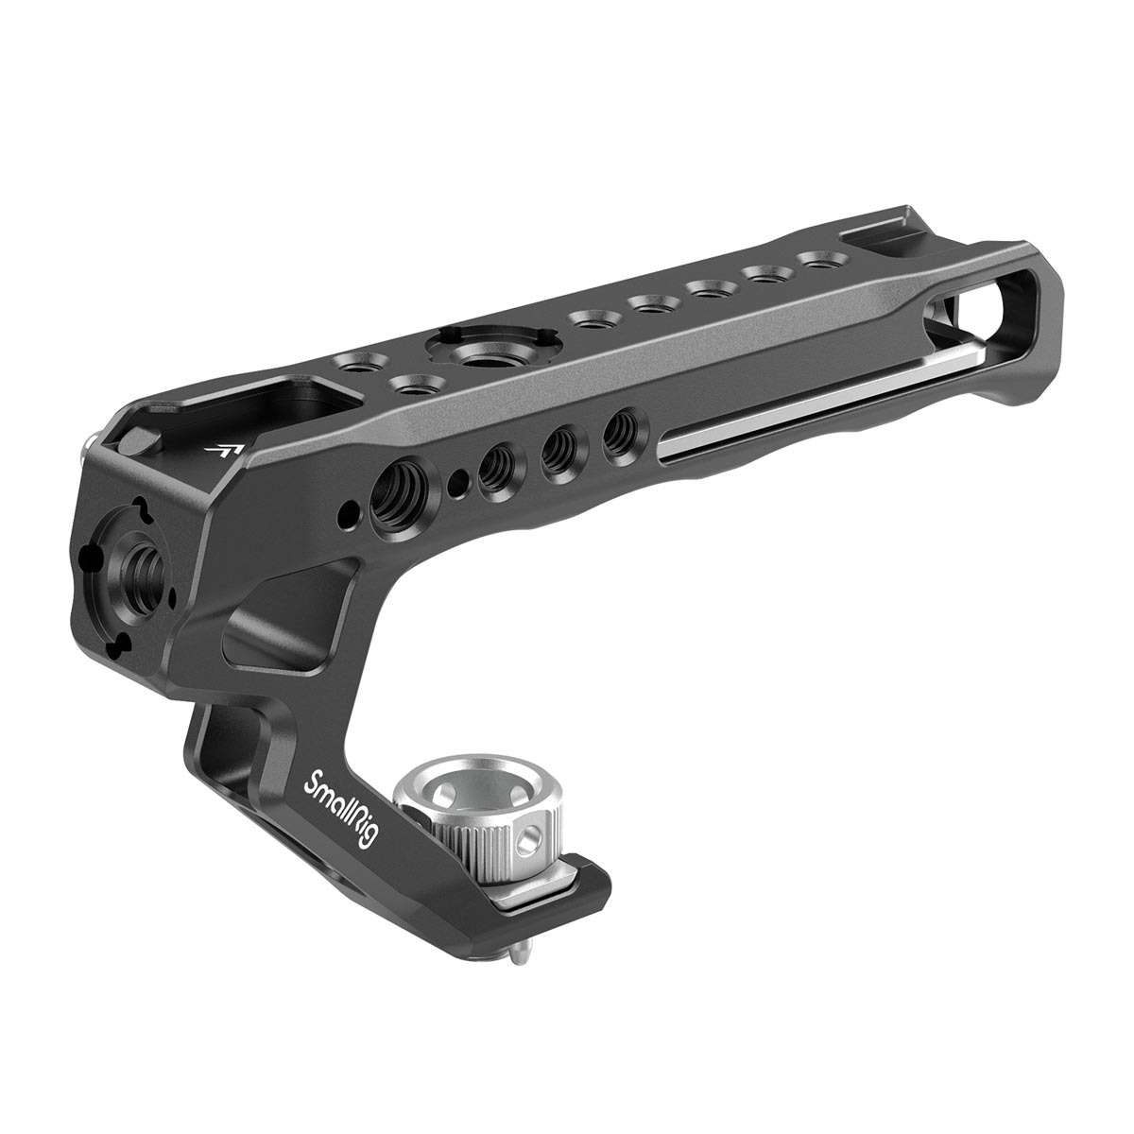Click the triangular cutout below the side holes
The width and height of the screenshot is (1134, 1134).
283,643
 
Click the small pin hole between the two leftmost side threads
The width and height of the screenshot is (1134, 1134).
456,478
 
